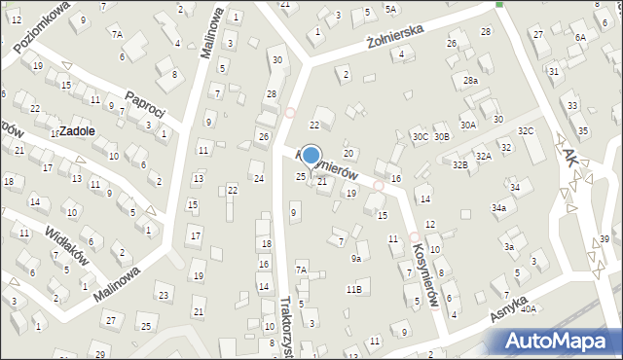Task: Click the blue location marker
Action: coord(311,155)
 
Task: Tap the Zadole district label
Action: coord(76,130)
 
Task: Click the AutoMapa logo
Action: coord(561,341)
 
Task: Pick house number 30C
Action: coord(420,137)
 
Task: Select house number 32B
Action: coord(459,165)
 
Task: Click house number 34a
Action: coord(499,208)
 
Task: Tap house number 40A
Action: coord(529,309)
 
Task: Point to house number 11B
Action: coord(354,289)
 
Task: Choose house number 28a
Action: coord(470,81)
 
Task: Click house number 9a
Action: coord(356,259)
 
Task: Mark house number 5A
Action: coord(390,9)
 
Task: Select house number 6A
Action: coord(581,37)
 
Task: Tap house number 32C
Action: coord(526,130)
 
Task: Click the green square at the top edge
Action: coord(499,4)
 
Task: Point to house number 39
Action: coord(604,239)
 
